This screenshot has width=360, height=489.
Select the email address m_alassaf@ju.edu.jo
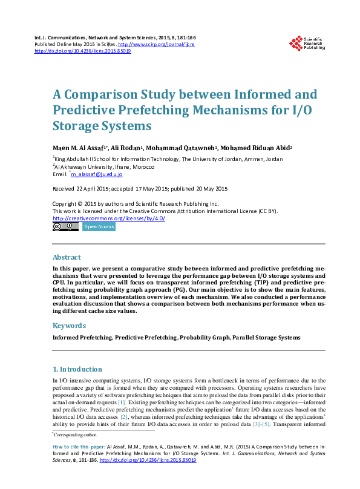(97, 174)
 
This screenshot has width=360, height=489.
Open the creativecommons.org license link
(109, 218)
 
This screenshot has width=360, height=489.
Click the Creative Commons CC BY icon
(65, 227)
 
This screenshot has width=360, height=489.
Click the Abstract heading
(67, 257)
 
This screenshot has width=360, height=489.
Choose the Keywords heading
(69, 326)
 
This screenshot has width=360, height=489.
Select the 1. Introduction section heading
(77, 369)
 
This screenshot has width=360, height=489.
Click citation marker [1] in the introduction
(122, 402)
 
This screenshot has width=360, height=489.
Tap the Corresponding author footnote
(76, 435)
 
